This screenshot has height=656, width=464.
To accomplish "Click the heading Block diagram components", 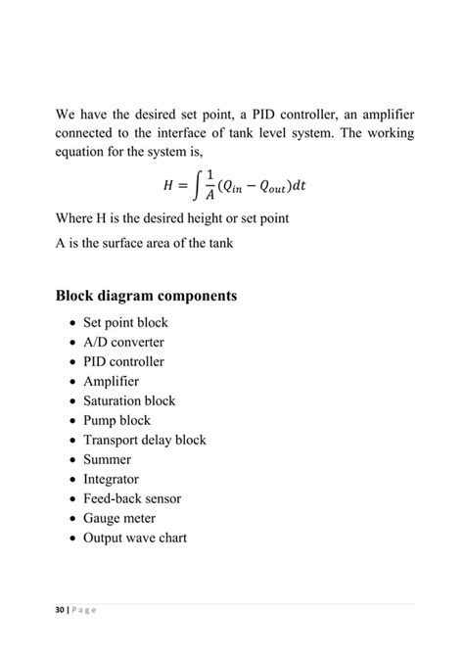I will (146, 295).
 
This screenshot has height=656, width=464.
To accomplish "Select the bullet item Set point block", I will (125, 322).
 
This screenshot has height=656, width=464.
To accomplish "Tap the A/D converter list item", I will (123, 342).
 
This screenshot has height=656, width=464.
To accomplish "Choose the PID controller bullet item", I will (123, 361).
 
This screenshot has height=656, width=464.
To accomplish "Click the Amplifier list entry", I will (111, 381).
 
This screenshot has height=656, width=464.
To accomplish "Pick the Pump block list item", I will (116, 420).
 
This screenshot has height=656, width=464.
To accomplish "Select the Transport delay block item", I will (144, 440).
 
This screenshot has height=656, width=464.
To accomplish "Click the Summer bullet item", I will (107, 459).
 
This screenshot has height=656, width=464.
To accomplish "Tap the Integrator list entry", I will (111, 479).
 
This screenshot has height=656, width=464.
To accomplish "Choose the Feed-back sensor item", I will (132, 498).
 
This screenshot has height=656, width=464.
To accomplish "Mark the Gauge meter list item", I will (119, 518).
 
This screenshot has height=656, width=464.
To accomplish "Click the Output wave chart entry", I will (134, 538).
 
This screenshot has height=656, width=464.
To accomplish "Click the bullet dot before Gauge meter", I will (73, 519).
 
